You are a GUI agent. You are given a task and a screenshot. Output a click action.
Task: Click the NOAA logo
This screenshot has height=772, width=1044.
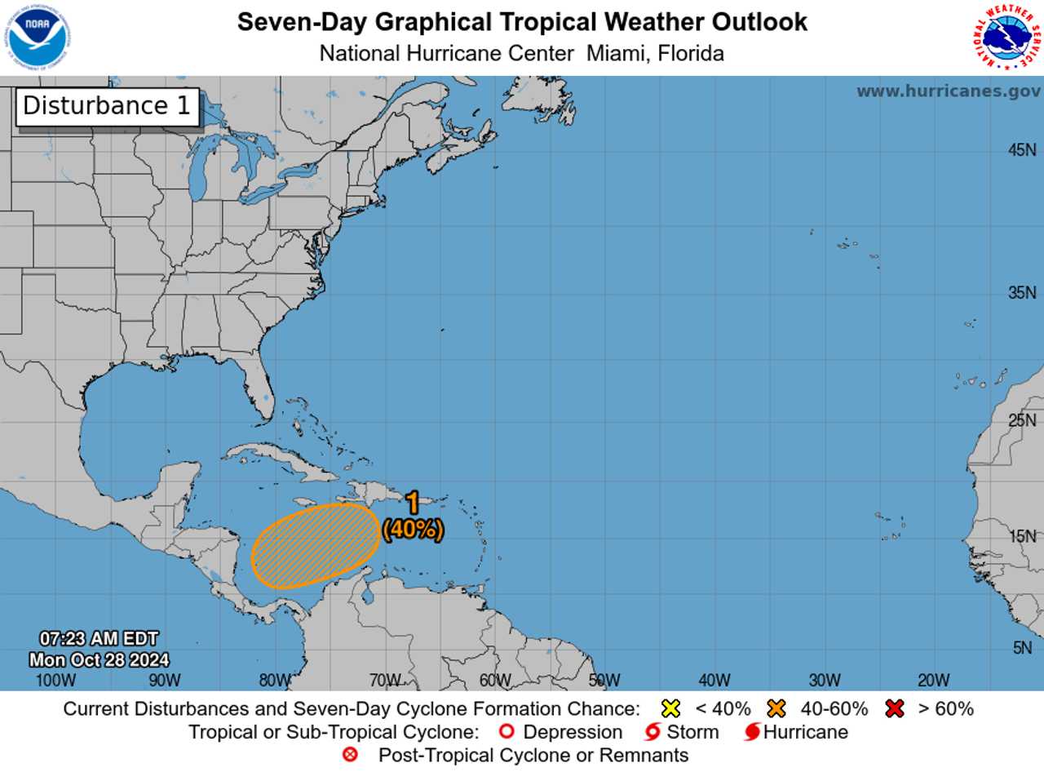tap(39, 38)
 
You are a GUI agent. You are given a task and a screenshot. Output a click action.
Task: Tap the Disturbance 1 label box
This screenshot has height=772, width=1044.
tap(107, 106)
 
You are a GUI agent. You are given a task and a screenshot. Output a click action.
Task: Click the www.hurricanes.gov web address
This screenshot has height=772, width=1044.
tap(948, 91)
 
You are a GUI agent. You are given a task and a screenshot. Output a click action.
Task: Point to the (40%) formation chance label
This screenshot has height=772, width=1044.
tap(413, 529)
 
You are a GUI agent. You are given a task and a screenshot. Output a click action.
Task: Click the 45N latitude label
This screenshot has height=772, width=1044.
tap(1022, 150)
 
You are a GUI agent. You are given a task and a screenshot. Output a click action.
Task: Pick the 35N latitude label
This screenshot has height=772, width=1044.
tap(1022, 293)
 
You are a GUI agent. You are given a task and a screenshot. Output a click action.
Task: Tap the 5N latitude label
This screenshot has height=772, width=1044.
tap(1024, 648)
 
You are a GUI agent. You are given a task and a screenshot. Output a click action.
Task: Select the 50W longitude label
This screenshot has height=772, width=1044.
tap(604, 681)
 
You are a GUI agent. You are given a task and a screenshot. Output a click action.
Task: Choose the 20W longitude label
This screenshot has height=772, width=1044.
tap(934, 681)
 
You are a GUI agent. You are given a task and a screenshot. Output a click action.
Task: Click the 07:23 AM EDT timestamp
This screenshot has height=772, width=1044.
tap(100, 639)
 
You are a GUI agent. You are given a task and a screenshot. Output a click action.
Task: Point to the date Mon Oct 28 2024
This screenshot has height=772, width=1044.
tap(100, 659)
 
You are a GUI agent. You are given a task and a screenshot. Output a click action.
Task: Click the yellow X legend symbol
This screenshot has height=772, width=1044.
tap(671, 708)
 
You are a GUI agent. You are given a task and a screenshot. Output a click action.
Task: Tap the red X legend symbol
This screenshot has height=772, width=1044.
tap(895, 708)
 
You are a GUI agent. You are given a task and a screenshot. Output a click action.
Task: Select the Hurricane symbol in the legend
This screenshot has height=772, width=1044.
tap(752, 732)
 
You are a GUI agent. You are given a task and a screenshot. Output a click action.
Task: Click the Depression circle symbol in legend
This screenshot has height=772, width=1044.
tap(506, 732)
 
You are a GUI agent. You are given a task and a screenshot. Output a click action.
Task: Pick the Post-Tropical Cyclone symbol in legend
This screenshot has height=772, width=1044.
tap(351, 755)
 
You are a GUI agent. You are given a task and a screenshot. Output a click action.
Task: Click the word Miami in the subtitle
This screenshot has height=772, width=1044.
tap(611, 54)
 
